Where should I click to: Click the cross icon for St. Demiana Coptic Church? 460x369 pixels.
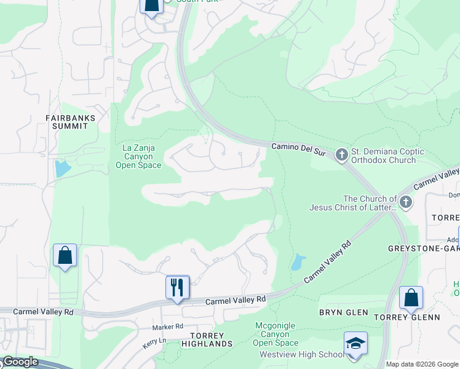pos(342,156)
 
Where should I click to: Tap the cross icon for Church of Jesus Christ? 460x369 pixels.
pos(405,202)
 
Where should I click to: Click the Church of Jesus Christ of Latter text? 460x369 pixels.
pos(370,203)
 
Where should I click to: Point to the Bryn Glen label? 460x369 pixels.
pos(343,312)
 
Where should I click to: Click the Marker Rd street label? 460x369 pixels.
pos(169,327)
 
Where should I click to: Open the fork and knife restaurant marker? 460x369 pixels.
pos(177,287)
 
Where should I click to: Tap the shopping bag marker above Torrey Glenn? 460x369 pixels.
pos(411,298)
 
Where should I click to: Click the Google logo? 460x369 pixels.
pos(21,362)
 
